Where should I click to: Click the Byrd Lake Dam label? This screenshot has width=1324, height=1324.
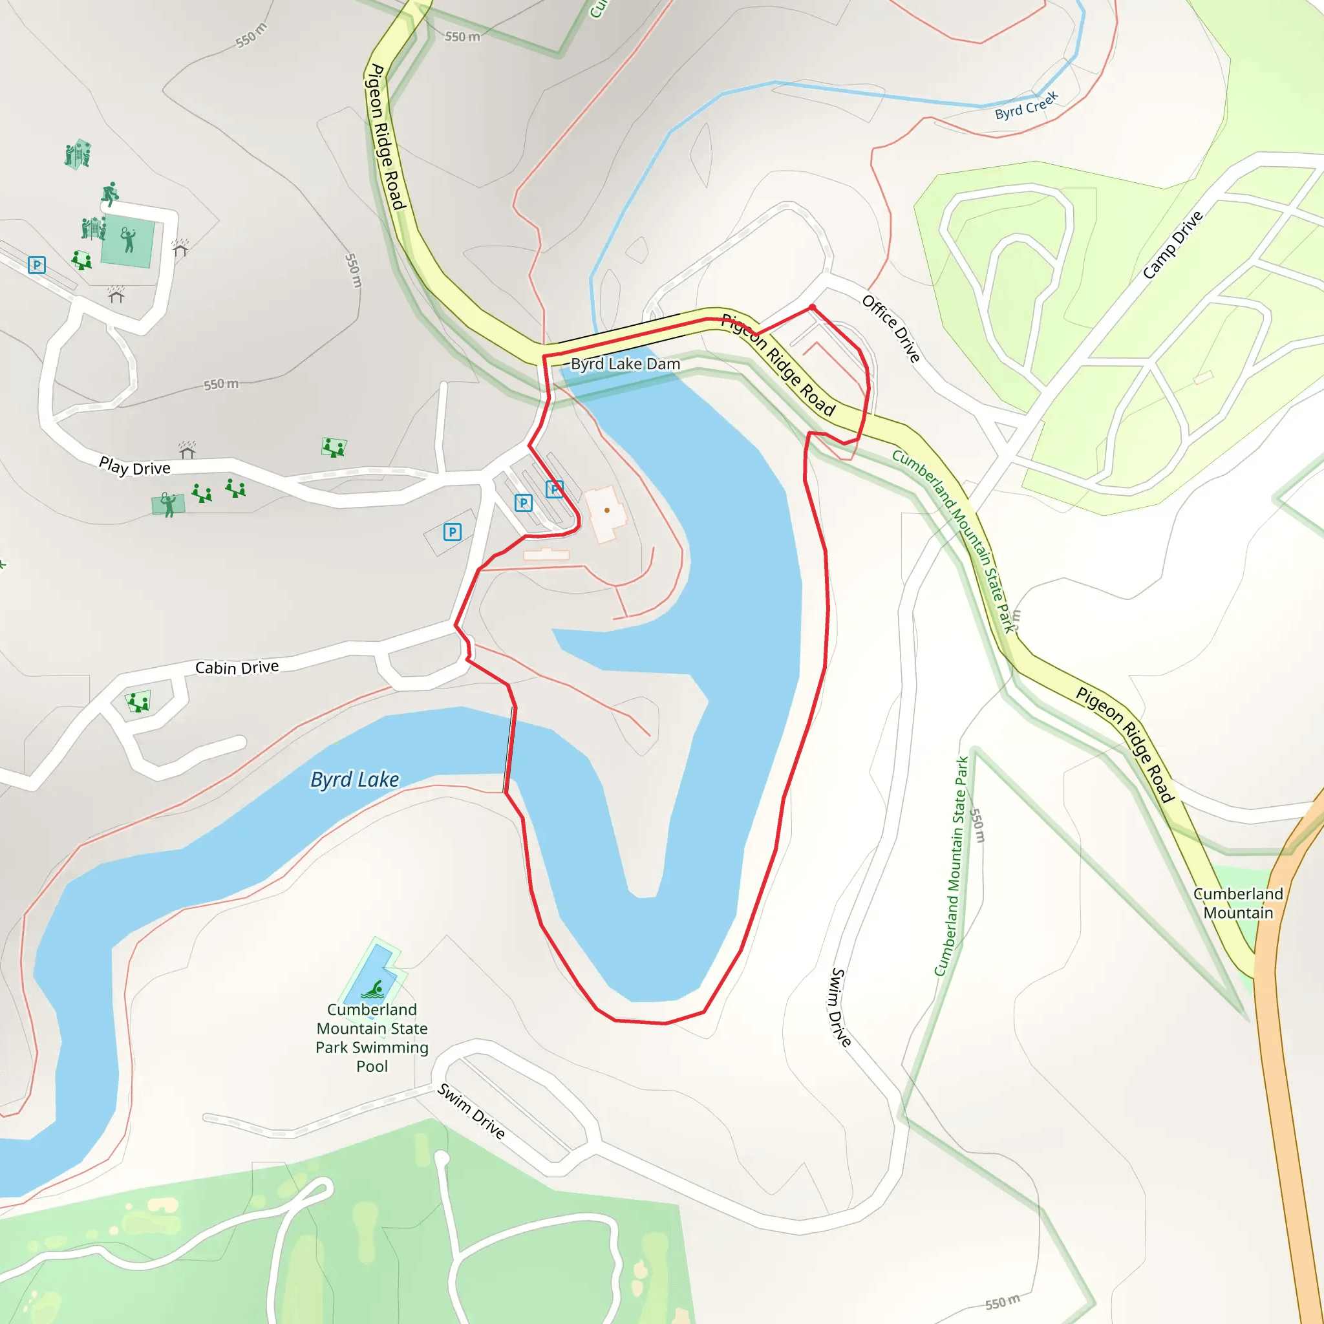[625, 364]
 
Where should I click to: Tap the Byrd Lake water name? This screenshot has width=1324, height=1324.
[354, 780]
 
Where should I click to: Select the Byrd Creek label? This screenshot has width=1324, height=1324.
[1026, 105]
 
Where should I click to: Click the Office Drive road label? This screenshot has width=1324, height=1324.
[891, 328]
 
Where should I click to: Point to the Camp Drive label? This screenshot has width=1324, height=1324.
[1173, 244]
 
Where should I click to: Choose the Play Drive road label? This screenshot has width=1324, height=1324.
[135, 467]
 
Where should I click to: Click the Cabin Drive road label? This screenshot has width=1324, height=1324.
[237, 667]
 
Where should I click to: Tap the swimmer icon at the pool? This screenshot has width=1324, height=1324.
[374, 990]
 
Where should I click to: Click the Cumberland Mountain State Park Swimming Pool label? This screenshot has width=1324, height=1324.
[372, 1038]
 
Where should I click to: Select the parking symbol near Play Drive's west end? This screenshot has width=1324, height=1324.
[37, 264]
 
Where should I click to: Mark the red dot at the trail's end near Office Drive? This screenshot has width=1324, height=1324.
[812, 308]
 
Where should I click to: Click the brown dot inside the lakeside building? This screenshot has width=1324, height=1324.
[606, 511]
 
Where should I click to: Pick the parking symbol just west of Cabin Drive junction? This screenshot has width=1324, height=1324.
[453, 532]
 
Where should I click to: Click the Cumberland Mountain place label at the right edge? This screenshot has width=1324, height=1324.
[1237, 903]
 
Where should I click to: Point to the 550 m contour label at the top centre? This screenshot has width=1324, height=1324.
[463, 36]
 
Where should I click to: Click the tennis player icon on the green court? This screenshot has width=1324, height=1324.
[128, 240]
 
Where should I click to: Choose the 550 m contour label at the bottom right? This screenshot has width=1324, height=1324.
[1002, 1303]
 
